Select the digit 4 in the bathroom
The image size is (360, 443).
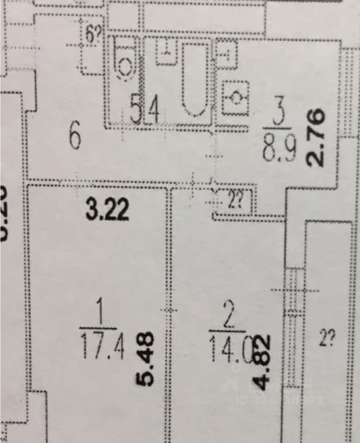click(x=154, y=112)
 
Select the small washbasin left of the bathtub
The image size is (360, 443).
click(x=165, y=52)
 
